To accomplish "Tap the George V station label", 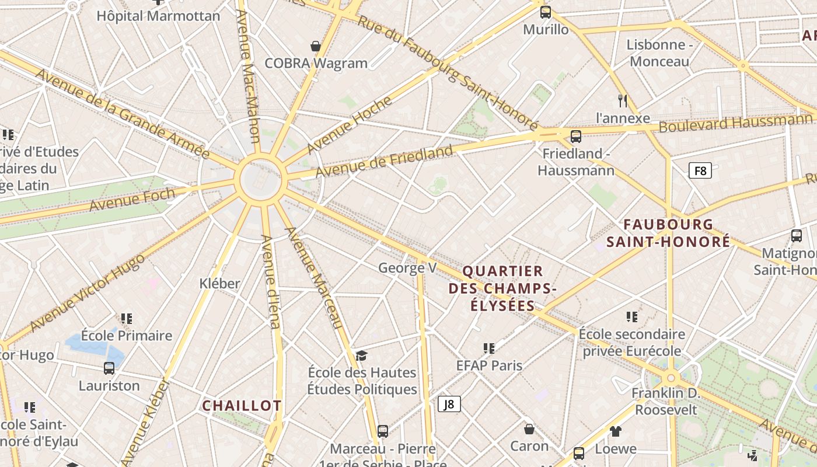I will pyautogui.click(x=407, y=268).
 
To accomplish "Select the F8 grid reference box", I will pyautogui.click(x=700, y=171).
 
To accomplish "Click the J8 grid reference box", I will pyautogui.click(x=449, y=404).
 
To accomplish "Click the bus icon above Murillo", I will pyautogui.click(x=546, y=12).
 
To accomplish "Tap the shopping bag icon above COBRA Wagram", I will pyautogui.click(x=316, y=46).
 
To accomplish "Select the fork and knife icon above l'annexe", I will pyautogui.click(x=623, y=100).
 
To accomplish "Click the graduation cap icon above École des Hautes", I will pyautogui.click(x=362, y=356).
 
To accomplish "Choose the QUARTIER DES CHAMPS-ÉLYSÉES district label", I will pyautogui.click(x=502, y=288).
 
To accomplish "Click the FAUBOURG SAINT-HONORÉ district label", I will pyautogui.click(x=668, y=232).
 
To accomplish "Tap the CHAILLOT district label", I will pyautogui.click(x=242, y=406).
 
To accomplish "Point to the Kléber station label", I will pyautogui.click(x=220, y=284).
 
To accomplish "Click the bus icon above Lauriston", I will pyautogui.click(x=109, y=368).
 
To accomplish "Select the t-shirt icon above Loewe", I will pyautogui.click(x=616, y=431).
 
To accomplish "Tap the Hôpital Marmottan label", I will pyautogui.click(x=158, y=16).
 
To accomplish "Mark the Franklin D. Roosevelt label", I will pyautogui.click(x=666, y=401).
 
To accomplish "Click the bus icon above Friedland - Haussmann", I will pyautogui.click(x=576, y=137).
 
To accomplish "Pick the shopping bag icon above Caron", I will pyautogui.click(x=529, y=429).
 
